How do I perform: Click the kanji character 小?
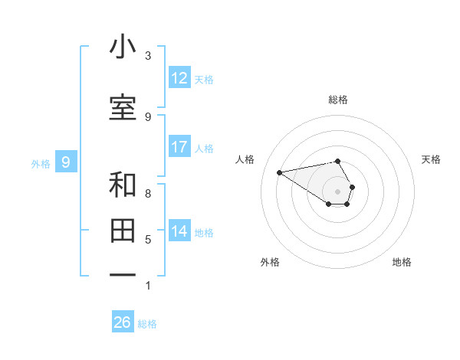click(x=123, y=47)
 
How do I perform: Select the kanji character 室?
click(x=123, y=108)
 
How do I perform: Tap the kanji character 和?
click(x=123, y=185)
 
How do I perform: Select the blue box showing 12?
click(x=179, y=78)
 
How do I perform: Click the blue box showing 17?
click(x=179, y=147)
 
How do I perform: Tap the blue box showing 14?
click(x=179, y=231)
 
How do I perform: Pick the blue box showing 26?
click(x=123, y=322)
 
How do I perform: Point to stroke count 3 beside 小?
click(x=148, y=56)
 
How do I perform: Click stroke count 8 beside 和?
click(x=148, y=193)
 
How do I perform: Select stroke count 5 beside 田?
click(x=148, y=239)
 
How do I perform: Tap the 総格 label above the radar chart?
click(x=338, y=100)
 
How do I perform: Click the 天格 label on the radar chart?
click(x=432, y=159)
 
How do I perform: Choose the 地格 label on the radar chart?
click(x=402, y=262)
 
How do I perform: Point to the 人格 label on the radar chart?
click(x=245, y=159)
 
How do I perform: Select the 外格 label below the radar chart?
click(x=270, y=262)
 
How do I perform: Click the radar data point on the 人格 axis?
click(x=279, y=172)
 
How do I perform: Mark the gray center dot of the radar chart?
click(x=338, y=191)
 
